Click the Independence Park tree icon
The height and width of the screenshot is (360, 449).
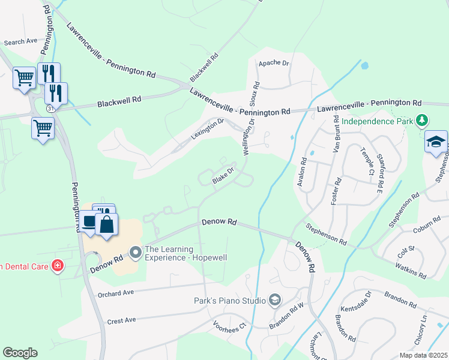[423, 121]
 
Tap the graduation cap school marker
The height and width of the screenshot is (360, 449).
[436, 142]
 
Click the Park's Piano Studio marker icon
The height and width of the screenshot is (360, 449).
[274, 299]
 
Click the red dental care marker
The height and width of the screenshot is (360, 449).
[58, 265]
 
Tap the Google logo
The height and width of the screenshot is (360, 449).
[20, 353]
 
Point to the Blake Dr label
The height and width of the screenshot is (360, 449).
[221, 176]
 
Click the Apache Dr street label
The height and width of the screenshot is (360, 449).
[274, 63]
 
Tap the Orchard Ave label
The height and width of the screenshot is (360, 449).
[116, 294]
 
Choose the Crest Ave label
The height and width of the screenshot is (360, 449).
[122, 321]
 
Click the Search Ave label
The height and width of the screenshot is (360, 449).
[20, 42]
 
